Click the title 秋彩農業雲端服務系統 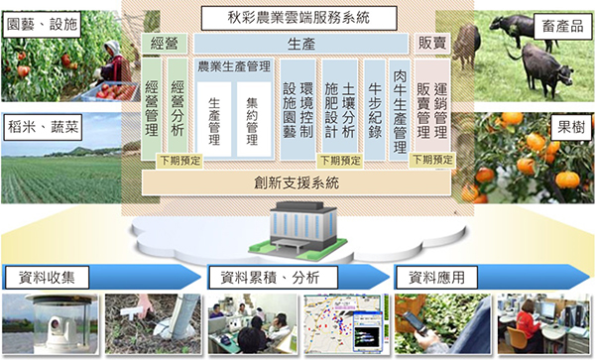click(x=297, y=17)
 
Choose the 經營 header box click(x=164, y=43)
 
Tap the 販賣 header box click(x=431, y=43)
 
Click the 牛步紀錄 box click(x=376, y=105)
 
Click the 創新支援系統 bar click(x=297, y=182)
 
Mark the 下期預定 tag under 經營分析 click(x=179, y=159)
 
